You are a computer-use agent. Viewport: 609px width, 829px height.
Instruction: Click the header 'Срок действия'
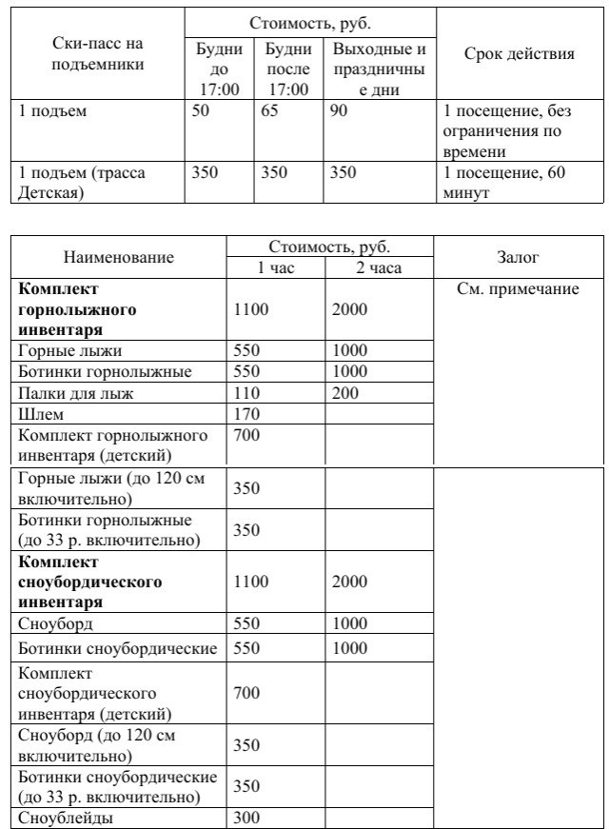click(519, 54)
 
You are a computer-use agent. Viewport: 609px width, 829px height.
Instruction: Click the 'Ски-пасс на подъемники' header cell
click(100, 54)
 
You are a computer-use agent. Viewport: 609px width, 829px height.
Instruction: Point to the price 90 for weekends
click(341, 112)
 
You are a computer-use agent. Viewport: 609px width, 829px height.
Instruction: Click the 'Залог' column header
click(518, 257)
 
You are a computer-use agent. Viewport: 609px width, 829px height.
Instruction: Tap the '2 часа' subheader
click(379, 268)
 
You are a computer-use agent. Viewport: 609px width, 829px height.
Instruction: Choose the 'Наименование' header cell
click(118, 258)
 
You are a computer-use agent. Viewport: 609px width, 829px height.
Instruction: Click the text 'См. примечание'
click(518, 289)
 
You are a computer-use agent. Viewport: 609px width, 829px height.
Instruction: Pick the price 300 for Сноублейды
click(246, 818)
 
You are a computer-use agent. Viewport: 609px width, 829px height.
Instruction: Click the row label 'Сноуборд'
click(56, 624)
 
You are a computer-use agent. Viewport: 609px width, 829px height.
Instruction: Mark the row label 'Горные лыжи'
click(70, 351)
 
